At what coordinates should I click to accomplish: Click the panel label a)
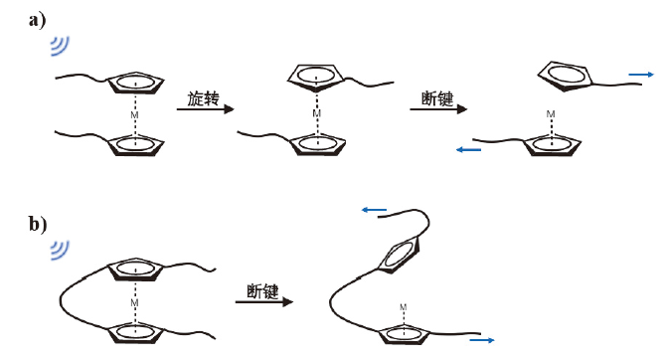click(x=37, y=21)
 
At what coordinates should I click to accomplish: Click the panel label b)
click(x=38, y=224)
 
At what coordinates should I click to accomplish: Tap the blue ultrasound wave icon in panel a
click(x=60, y=46)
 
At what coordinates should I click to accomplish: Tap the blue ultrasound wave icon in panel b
click(x=60, y=251)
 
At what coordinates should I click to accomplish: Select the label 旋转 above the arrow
click(x=204, y=98)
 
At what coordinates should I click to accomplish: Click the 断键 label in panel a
click(x=437, y=98)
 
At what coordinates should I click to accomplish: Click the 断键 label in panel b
click(x=262, y=291)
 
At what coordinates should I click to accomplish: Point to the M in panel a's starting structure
click(x=134, y=115)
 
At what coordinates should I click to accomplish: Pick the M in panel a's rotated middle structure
click(x=316, y=113)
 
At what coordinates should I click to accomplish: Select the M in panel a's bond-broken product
click(x=551, y=114)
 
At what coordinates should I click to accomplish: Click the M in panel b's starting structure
click(x=134, y=303)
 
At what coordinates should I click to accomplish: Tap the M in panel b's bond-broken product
click(x=403, y=307)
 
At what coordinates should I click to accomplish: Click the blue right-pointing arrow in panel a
click(x=641, y=75)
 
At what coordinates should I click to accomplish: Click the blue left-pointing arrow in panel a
click(x=468, y=149)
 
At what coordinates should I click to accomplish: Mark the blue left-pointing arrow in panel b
click(x=374, y=210)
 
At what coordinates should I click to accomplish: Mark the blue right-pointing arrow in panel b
click(x=482, y=340)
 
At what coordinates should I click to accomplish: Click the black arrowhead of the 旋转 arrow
click(x=229, y=109)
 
